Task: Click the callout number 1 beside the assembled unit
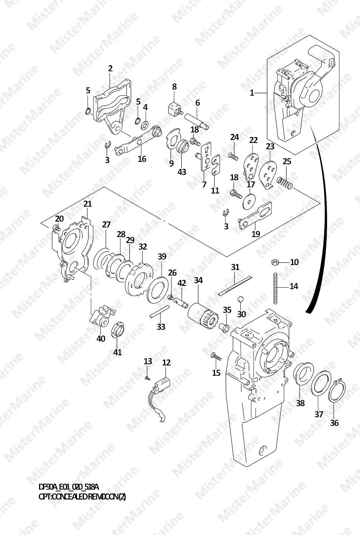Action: click(252, 92)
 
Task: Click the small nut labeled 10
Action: click(275, 263)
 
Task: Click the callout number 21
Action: click(87, 204)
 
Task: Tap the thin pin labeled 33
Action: click(159, 312)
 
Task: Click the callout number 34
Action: click(198, 280)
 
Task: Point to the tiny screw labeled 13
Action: click(147, 378)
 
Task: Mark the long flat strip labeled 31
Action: click(235, 286)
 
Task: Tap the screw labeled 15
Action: click(216, 357)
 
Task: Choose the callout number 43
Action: click(182, 172)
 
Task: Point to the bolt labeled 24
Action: click(234, 157)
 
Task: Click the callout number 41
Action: click(117, 352)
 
